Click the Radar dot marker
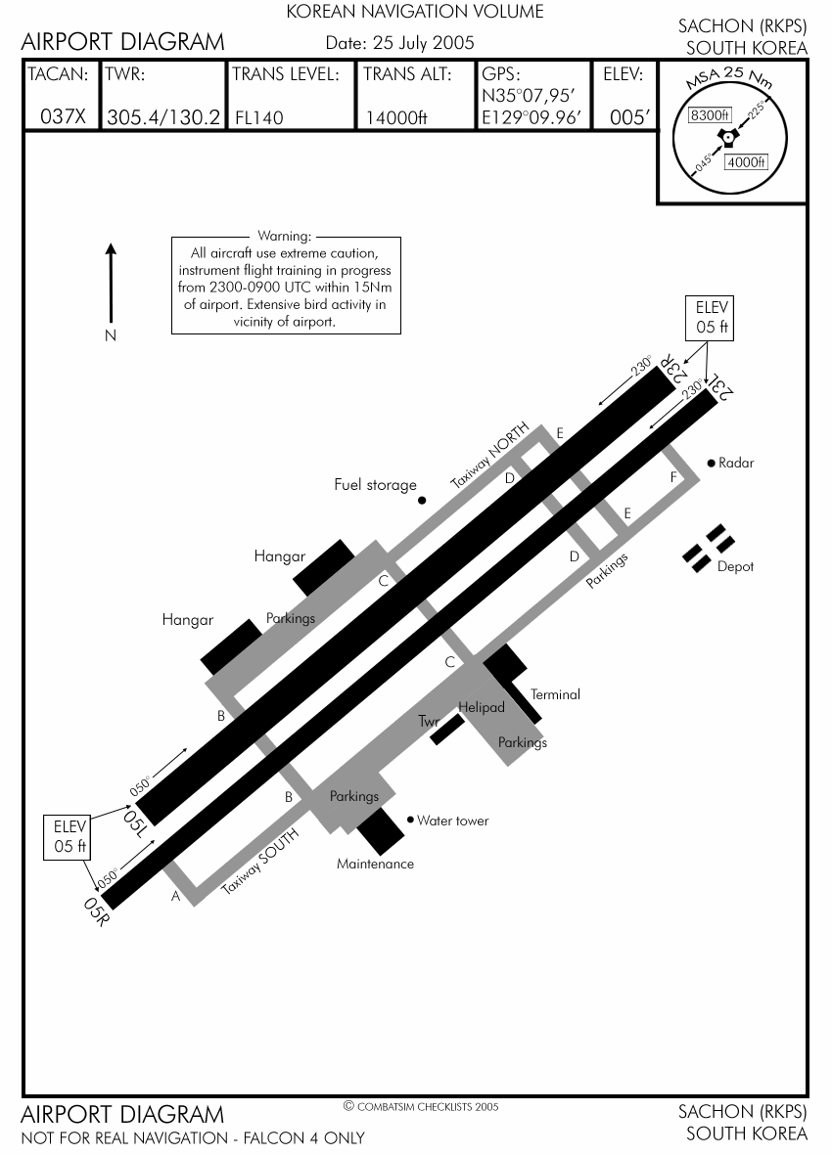pyautogui.click(x=712, y=463)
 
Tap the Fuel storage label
pyautogui.click(x=375, y=484)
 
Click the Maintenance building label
pyautogui.click(x=375, y=864)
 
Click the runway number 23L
pyautogui.click(x=721, y=387)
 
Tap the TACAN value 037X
pyautogui.click(x=64, y=116)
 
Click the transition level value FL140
pyautogui.click(x=259, y=117)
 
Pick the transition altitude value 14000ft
pyautogui.click(x=396, y=117)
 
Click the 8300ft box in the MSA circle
pyautogui.click(x=711, y=114)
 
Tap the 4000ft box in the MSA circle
pyautogui.click(x=745, y=162)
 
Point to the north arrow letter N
pyautogui.click(x=111, y=335)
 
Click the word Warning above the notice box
pyautogui.click(x=284, y=236)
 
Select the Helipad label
pyautogui.click(x=482, y=707)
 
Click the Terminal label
pyautogui.click(x=555, y=694)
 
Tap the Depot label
pyautogui.click(x=735, y=566)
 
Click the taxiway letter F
pyautogui.click(x=672, y=477)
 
